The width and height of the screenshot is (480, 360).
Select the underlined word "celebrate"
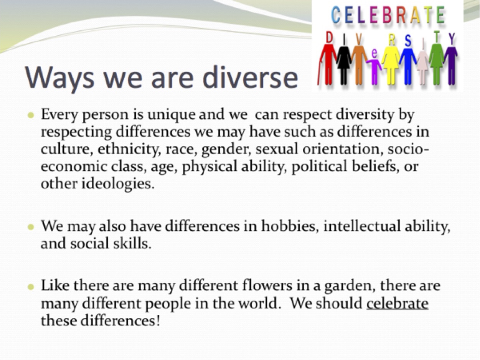click(x=397, y=304)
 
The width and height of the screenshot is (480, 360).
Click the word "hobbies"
click(x=289, y=226)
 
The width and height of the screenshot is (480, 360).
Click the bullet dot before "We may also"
click(x=31, y=226)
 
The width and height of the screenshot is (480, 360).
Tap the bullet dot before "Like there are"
click(x=31, y=286)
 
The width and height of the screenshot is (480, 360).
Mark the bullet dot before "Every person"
click(x=31, y=115)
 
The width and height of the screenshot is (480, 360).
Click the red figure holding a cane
click(x=327, y=61)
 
